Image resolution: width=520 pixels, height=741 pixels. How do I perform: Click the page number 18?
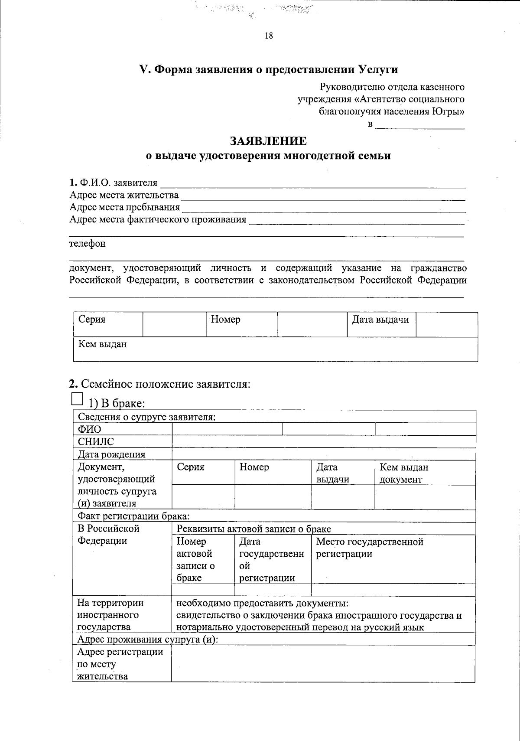click(x=269, y=36)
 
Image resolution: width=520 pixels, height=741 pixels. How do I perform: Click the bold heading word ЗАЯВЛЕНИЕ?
click(x=268, y=141)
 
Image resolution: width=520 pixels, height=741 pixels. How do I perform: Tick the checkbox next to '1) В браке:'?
click(x=77, y=399)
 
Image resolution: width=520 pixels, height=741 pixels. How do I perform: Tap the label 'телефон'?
click(x=88, y=244)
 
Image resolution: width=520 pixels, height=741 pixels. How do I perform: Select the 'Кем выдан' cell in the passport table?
click(x=102, y=345)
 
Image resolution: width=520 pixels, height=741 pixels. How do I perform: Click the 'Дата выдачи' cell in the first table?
click(x=380, y=320)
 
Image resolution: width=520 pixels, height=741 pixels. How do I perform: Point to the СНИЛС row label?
click(x=96, y=442)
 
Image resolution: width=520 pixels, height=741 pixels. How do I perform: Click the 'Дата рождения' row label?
click(x=111, y=454)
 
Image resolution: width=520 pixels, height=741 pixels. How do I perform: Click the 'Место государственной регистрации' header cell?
click(x=370, y=548)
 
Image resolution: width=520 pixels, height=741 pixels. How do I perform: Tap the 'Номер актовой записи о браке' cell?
click(x=196, y=559)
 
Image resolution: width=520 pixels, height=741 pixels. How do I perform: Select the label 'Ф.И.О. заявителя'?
click(x=114, y=183)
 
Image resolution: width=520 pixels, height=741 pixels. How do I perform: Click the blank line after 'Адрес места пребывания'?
click(x=323, y=209)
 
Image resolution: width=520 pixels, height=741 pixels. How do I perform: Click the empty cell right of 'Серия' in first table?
click(x=174, y=324)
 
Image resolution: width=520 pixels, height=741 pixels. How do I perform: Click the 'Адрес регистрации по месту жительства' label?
click(x=120, y=664)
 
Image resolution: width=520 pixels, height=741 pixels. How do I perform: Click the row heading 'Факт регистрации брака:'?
click(x=133, y=516)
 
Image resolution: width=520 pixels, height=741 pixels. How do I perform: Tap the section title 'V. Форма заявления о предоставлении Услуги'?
click(x=268, y=70)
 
